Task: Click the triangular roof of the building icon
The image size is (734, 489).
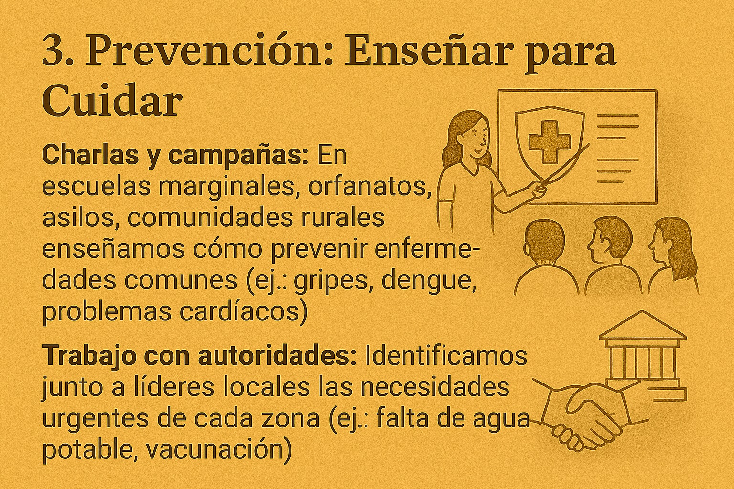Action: coord(642,325)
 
